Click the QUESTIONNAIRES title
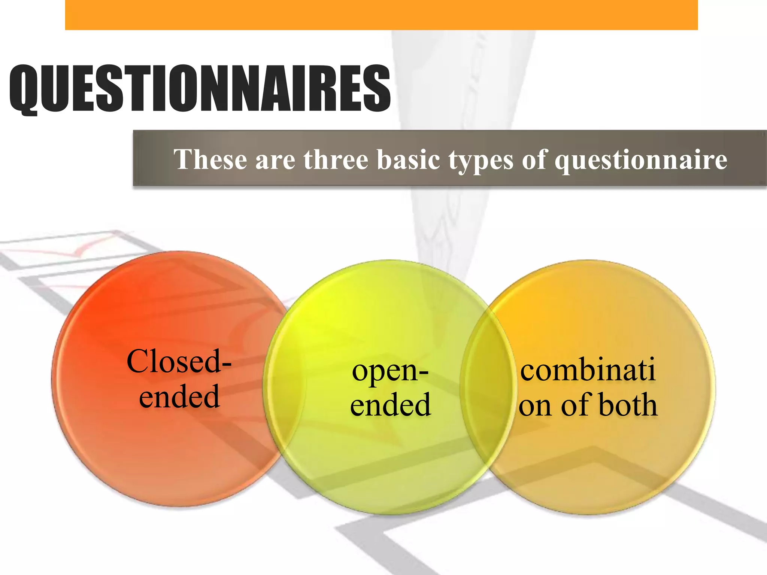200,88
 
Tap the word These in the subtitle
210,159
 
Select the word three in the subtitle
336,159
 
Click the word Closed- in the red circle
179,361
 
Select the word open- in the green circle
390,371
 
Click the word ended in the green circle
390,405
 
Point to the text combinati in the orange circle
588,370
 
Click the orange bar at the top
381,15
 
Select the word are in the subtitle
275,160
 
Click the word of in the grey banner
534,159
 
